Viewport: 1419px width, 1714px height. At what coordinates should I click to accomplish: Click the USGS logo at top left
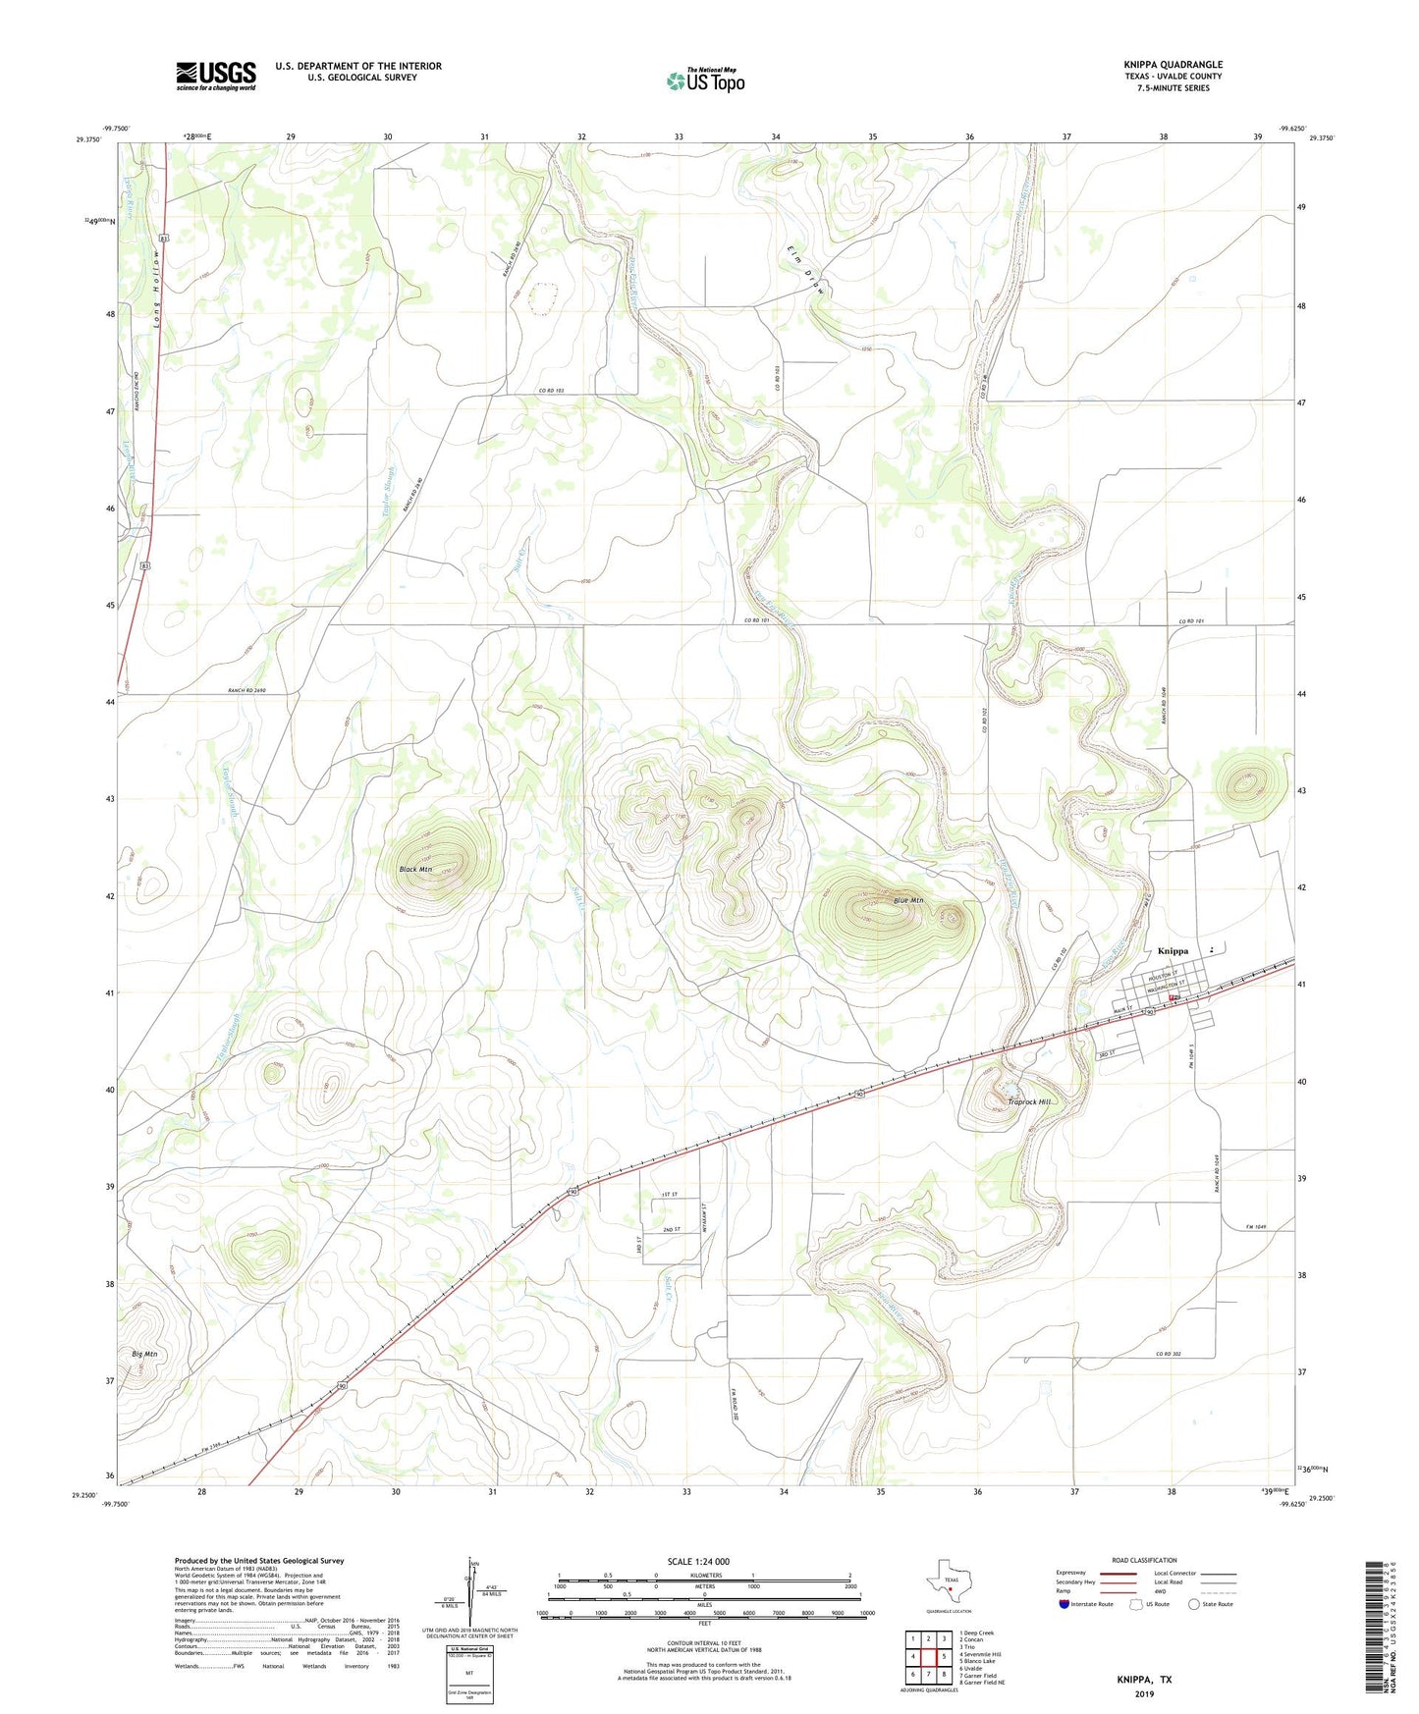(216, 76)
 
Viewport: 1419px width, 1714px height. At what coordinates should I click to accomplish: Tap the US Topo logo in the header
(705, 80)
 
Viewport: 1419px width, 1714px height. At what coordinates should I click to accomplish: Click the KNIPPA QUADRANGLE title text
(1173, 65)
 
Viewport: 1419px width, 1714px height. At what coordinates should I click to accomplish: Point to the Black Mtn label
(415, 870)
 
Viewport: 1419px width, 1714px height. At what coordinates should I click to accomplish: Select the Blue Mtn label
(907, 900)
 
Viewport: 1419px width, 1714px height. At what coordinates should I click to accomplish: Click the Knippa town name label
(1173, 950)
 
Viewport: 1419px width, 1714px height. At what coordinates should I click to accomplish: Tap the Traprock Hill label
(1029, 1102)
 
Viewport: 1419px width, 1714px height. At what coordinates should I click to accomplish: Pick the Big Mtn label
(144, 1354)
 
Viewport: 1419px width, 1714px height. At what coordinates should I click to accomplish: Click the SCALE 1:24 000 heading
(698, 1561)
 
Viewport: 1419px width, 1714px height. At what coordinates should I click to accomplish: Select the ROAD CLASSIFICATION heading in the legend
(1144, 1560)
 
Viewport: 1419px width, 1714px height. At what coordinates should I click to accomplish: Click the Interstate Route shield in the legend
(1064, 1604)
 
